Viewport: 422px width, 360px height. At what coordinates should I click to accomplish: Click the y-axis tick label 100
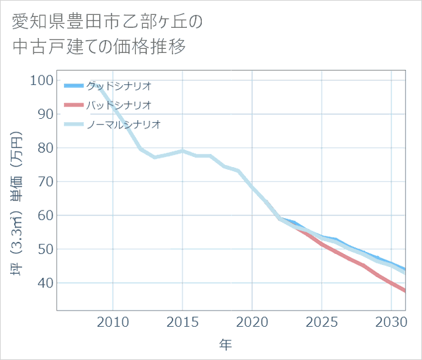coord(41,80)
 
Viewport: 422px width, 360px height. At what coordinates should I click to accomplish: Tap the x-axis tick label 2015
coord(182,321)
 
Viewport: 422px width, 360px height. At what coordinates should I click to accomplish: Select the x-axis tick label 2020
coord(252,321)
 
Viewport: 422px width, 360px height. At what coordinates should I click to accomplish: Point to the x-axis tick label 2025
coord(321,321)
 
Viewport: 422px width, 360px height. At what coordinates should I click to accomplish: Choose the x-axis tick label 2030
coord(391,321)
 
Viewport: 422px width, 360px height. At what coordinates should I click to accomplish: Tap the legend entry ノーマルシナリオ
coord(123,124)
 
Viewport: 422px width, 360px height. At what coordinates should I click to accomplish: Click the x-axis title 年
coord(226,345)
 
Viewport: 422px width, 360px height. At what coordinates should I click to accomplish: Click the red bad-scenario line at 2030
coord(391,283)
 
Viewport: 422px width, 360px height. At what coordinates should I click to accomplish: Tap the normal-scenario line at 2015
coord(182,151)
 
